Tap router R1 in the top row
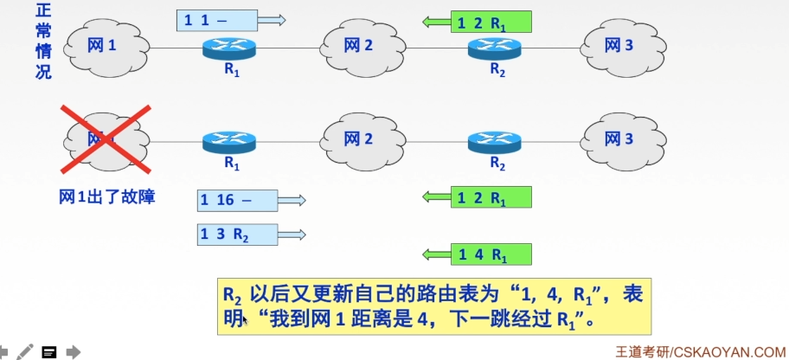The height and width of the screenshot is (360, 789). click(x=231, y=49)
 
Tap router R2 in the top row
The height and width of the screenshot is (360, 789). click(x=497, y=49)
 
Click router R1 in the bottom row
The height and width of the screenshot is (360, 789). click(x=231, y=140)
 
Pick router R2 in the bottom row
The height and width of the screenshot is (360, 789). click(x=497, y=140)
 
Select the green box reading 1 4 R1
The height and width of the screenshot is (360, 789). click(x=491, y=254)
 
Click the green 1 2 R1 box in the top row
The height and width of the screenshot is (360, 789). click(x=491, y=22)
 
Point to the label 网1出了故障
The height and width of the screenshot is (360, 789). click(x=106, y=196)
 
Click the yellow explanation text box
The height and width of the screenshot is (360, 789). click(x=433, y=305)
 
